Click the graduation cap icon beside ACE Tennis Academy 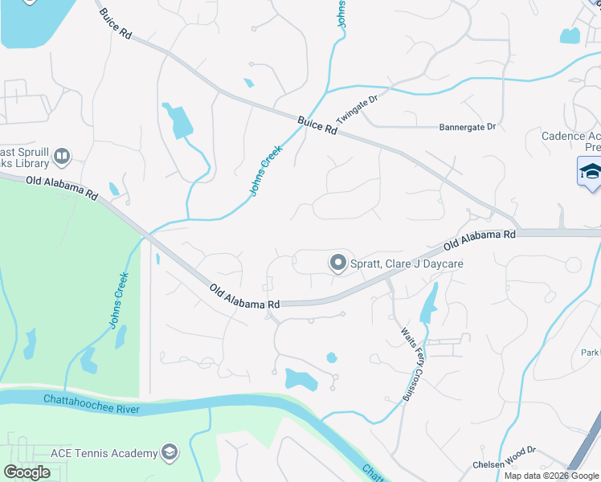[170, 453]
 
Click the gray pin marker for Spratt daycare [338, 263]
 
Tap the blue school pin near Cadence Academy [591, 173]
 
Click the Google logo [27, 472]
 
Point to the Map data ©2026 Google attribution [552, 476]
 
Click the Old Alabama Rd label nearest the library [61, 189]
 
